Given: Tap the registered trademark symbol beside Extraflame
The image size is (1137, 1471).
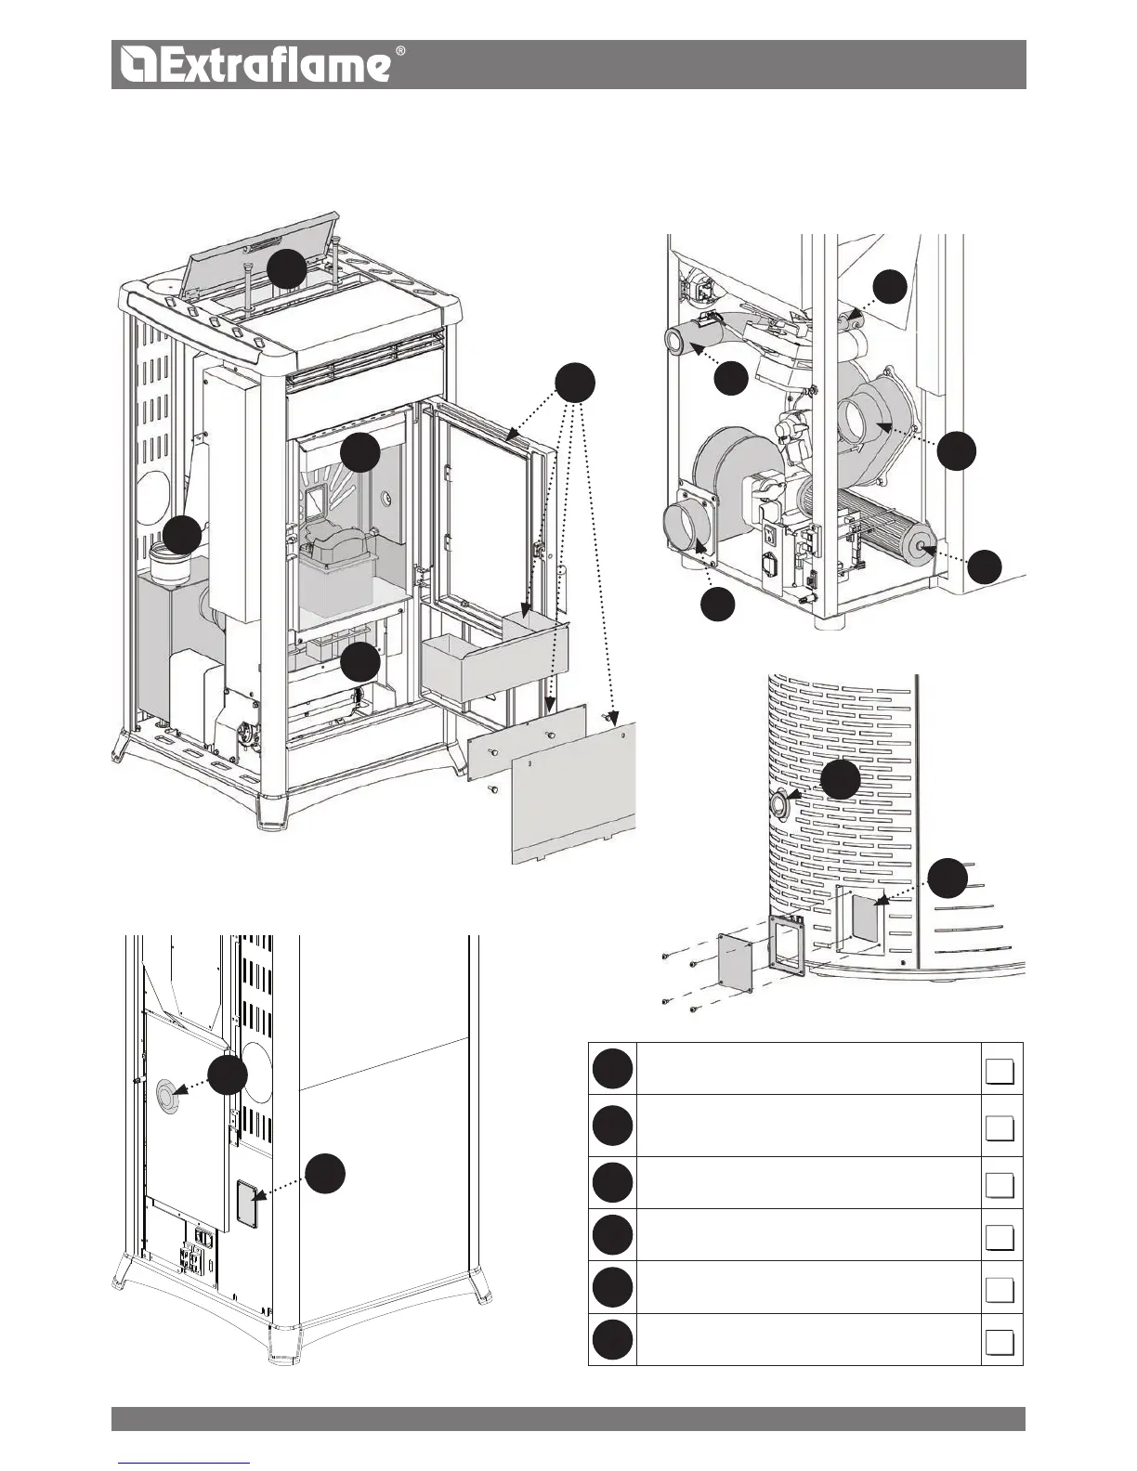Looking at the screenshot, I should click(400, 51).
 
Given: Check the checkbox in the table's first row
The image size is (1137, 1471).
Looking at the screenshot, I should click(1000, 1072).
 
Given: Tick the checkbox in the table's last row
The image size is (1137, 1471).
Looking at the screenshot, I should click(1000, 1343).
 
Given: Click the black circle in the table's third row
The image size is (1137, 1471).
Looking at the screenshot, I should click(612, 1182).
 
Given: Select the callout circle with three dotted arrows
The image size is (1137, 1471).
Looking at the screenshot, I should click(574, 384).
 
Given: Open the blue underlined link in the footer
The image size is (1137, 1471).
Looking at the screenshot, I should click(184, 1463).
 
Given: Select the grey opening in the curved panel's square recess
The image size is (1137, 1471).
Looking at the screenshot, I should click(864, 919).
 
